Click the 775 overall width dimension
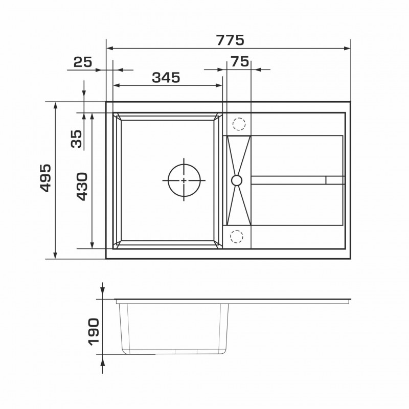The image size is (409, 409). click(x=231, y=40)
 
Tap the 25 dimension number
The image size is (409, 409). click(x=83, y=62)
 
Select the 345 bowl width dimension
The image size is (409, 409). click(x=166, y=78)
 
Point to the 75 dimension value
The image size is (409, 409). click(x=240, y=62)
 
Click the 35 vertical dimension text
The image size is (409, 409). click(x=76, y=139)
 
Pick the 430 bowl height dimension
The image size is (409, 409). click(x=82, y=187)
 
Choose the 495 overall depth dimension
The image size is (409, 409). click(x=46, y=178)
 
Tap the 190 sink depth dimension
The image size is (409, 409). click(x=94, y=332)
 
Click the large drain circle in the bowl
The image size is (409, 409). click(x=184, y=164)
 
